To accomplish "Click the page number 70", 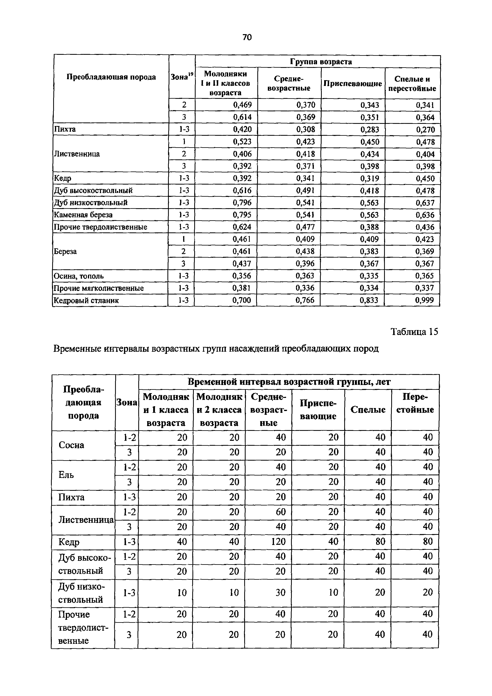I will click(247, 37).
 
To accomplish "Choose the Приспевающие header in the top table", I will click(353, 83).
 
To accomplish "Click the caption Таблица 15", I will click(414, 332).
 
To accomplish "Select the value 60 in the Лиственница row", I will click(281, 512).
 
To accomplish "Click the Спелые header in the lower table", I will click(368, 410).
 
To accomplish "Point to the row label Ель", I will click(66, 475).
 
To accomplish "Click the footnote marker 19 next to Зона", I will click(191, 74).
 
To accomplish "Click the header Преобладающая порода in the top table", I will click(111, 77).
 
